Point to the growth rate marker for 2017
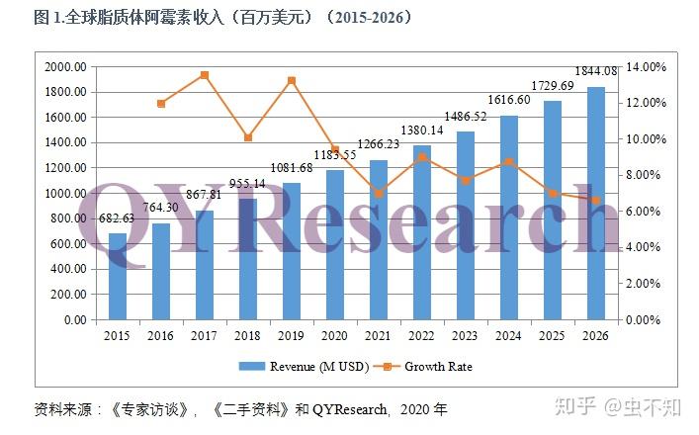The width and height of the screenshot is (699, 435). click(205, 75)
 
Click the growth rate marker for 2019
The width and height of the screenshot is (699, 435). click(292, 81)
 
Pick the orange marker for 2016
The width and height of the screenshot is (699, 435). click(161, 103)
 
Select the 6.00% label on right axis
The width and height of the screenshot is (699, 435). click(644, 212)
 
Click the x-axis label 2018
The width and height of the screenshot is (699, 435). click(248, 335)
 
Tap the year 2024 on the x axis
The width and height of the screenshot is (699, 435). click(509, 335)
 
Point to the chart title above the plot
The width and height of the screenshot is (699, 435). click(209, 18)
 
